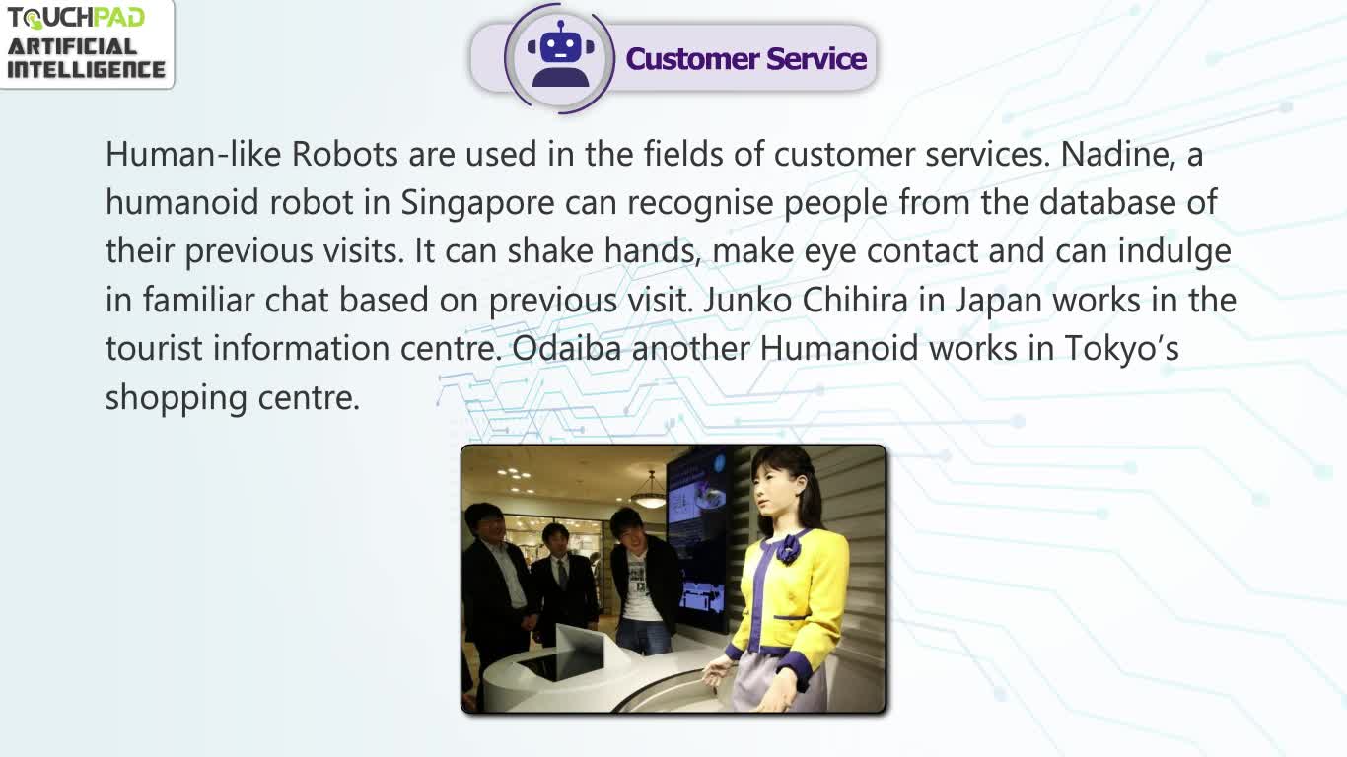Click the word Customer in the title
pos(691,59)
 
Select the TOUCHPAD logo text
pos(76,18)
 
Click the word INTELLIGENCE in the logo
pos(86,70)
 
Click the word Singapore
pos(477,204)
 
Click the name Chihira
pos(855,300)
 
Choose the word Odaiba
pos(566,349)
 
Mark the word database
pos(1107,203)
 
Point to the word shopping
pos(177,399)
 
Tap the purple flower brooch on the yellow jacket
pos(788,548)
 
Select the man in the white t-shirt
pos(642,581)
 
